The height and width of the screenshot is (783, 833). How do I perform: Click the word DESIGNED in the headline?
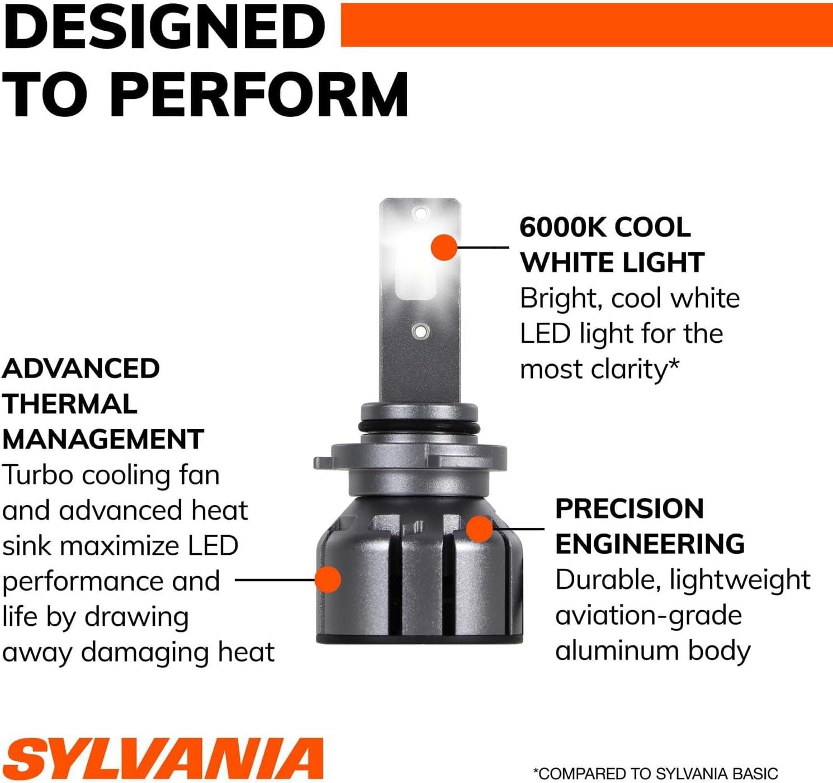tap(164, 26)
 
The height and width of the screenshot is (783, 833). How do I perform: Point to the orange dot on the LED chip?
tap(444, 248)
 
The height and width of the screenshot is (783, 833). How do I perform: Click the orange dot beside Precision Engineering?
tap(480, 529)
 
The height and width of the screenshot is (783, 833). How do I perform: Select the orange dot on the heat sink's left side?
tap(328, 579)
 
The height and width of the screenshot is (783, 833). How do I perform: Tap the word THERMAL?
tap(70, 404)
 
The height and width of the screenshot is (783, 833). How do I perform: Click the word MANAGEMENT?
tap(103, 440)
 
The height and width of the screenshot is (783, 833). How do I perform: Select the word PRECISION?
tap(630, 509)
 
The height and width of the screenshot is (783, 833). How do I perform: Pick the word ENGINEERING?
tap(650, 544)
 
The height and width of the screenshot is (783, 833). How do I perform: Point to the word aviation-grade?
tap(649, 616)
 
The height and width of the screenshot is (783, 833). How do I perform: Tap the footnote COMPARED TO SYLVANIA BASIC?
tap(656, 773)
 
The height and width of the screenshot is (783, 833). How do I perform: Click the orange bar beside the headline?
tap(587, 25)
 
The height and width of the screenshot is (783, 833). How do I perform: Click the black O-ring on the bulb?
tap(418, 427)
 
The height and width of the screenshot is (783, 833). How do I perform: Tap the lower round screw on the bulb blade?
tap(420, 331)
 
